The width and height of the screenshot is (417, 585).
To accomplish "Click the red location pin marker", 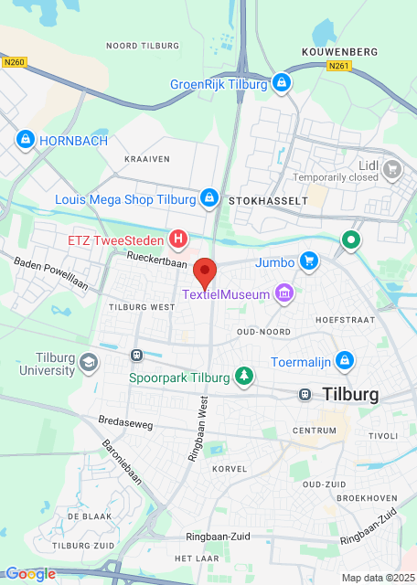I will click(x=206, y=272).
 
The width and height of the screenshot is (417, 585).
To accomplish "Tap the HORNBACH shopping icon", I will click(x=25, y=140).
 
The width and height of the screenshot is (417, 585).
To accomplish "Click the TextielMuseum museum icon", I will click(x=285, y=293).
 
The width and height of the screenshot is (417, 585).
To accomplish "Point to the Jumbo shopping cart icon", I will click(x=308, y=261).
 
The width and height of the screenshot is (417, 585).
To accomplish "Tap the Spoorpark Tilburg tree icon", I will click(x=243, y=375).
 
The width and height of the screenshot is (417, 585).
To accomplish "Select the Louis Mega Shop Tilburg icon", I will click(x=209, y=197).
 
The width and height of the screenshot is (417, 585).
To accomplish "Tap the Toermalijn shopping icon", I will click(x=344, y=361).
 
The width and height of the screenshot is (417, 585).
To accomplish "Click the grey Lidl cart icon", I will click(x=392, y=168).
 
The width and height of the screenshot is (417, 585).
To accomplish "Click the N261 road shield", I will click(x=338, y=66).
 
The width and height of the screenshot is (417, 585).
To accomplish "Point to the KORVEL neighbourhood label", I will click(x=229, y=468).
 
